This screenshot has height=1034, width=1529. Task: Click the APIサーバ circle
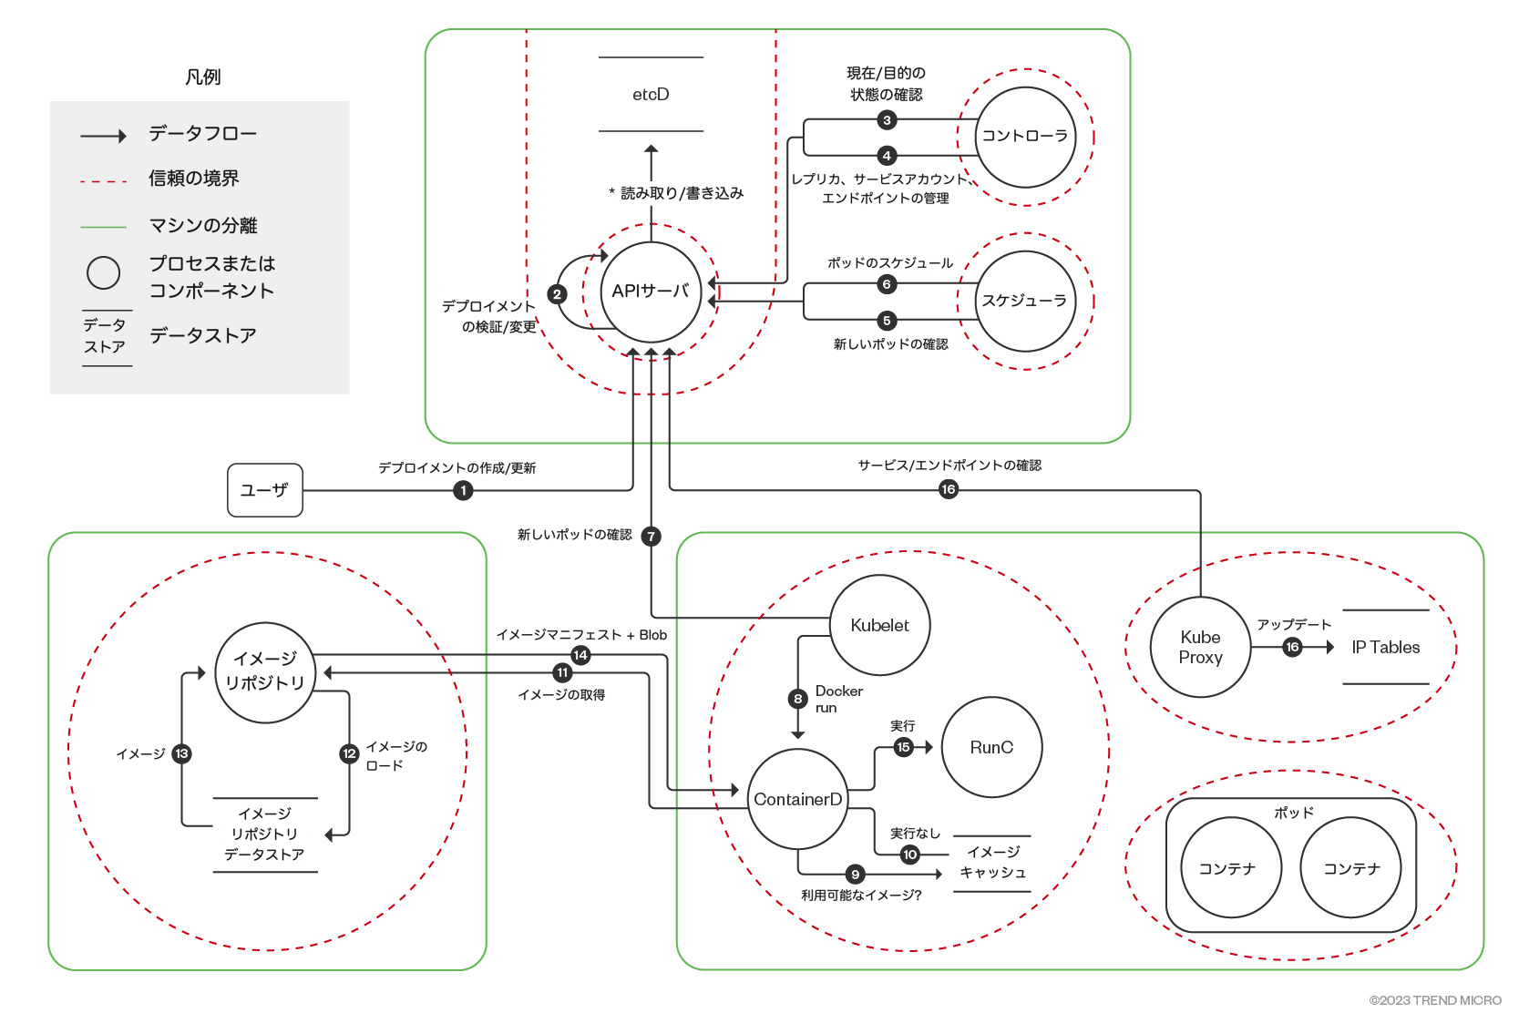tap(651, 292)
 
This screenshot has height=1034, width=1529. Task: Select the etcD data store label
tap(651, 95)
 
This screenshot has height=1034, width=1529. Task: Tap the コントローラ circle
tap(1025, 137)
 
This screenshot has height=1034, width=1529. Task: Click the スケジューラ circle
tap(1024, 301)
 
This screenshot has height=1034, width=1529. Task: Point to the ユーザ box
tap(264, 490)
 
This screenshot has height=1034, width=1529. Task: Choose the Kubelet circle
tap(879, 625)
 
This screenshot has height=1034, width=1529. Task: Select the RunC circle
tap(991, 747)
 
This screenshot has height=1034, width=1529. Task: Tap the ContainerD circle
tap(797, 799)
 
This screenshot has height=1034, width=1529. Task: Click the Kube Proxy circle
tap(1200, 647)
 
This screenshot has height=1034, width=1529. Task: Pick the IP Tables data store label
tap(1385, 647)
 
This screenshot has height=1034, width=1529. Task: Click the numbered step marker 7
tap(651, 536)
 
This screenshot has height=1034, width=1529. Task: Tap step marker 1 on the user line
tap(463, 490)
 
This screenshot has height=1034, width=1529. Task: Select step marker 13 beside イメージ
tap(181, 753)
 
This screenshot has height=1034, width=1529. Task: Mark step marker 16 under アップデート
tap(1292, 647)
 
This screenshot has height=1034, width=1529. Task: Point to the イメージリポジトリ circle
tap(264, 672)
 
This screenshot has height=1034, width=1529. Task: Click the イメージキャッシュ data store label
tap(992, 862)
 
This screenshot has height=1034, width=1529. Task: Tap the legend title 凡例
tap(202, 77)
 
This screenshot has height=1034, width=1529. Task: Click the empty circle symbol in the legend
tap(103, 272)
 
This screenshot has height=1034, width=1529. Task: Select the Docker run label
tap(837, 699)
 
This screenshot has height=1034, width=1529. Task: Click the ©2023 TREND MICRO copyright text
tap(1435, 1000)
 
